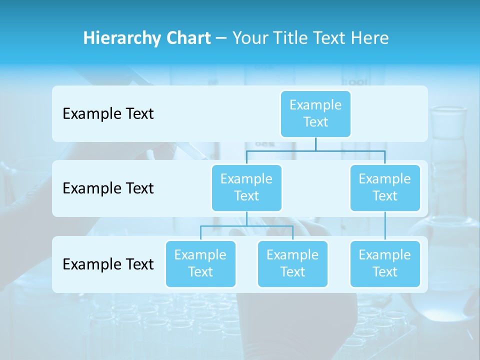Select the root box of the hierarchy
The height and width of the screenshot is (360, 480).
pos(315,113)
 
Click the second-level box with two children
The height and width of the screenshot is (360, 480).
pos(246,187)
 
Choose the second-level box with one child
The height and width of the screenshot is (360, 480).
pos(385,187)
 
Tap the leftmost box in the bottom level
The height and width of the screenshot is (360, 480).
pos(200,263)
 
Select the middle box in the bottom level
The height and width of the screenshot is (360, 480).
pos(292,263)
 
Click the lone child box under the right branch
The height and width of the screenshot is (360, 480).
pos(385,263)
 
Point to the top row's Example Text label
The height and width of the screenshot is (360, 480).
pos(108,114)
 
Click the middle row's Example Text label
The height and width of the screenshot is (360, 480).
pos(108,188)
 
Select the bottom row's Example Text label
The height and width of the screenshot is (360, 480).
pos(108,264)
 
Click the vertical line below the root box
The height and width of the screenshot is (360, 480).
pos(315,144)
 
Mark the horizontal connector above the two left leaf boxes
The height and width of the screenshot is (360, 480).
pos(246,226)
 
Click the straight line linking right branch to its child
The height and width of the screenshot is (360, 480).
pos(385,226)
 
